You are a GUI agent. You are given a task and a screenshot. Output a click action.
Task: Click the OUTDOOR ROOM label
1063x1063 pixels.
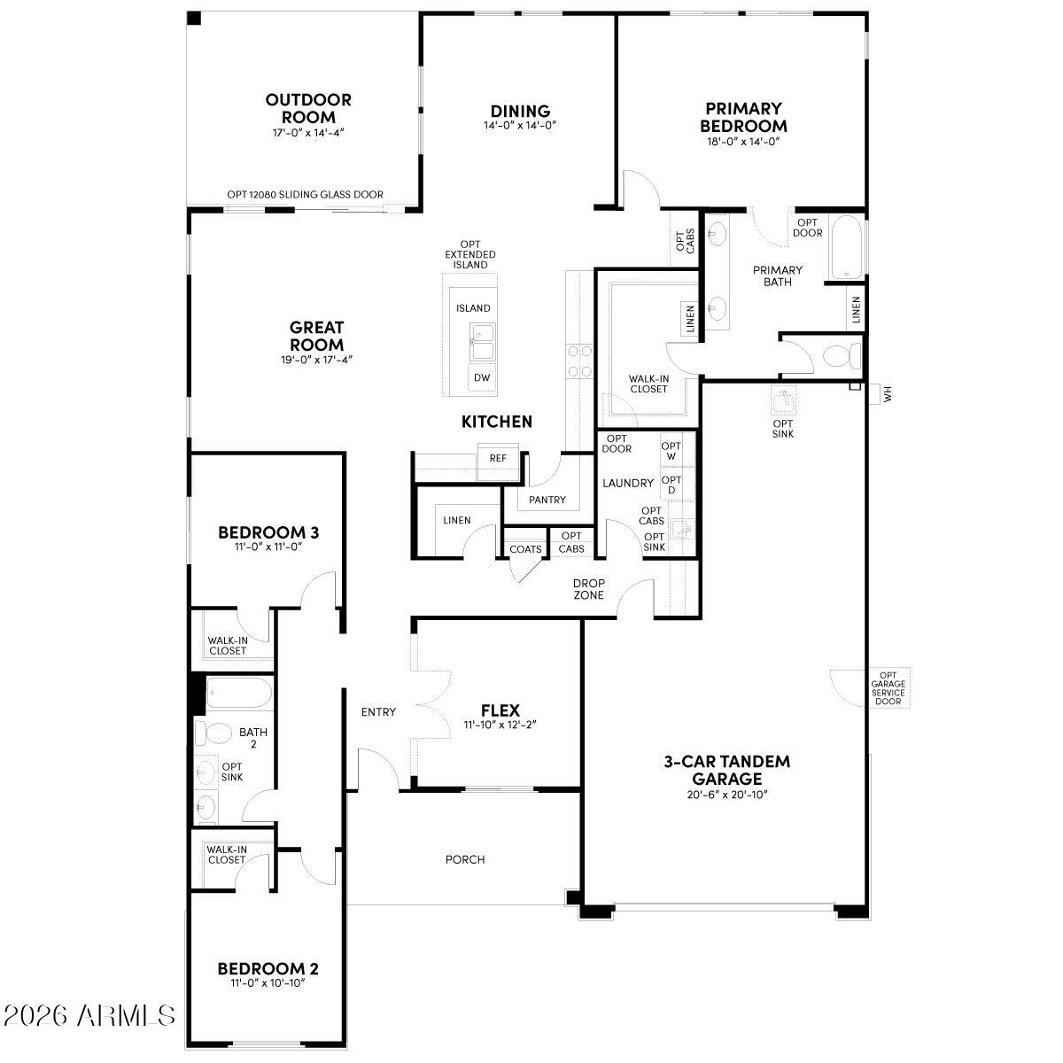(308, 108)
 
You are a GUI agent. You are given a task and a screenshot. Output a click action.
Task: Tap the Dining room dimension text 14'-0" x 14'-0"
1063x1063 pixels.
(520, 125)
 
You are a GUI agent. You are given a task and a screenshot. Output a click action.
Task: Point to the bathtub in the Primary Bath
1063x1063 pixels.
(845, 248)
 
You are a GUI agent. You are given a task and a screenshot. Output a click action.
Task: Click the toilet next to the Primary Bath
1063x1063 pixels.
(840, 356)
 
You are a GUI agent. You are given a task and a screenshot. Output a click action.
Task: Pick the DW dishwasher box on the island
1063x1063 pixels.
(481, 378)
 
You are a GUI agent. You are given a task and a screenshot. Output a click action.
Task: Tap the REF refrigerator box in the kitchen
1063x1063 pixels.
(498, 458)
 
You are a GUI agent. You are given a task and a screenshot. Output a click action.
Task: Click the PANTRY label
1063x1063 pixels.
(547, 500)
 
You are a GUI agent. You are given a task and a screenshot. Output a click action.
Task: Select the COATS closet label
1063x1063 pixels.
(525, 549)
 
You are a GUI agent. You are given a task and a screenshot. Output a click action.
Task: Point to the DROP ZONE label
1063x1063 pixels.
(588, 589)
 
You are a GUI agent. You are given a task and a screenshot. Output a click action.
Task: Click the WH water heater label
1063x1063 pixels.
(888, 392)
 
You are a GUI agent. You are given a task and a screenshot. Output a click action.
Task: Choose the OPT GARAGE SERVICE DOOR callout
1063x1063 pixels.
(888, 688)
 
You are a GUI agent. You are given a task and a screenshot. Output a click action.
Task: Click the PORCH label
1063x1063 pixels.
(465, 859)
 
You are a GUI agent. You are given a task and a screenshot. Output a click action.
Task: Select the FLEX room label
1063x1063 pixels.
(500, 710)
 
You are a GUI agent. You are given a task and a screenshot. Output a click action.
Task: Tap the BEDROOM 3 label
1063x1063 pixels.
(268, 532)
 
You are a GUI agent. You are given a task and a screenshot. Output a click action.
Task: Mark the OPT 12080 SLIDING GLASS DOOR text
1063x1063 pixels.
(305, 195)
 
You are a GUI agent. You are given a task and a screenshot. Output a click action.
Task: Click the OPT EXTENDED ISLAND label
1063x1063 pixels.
(470, 254)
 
